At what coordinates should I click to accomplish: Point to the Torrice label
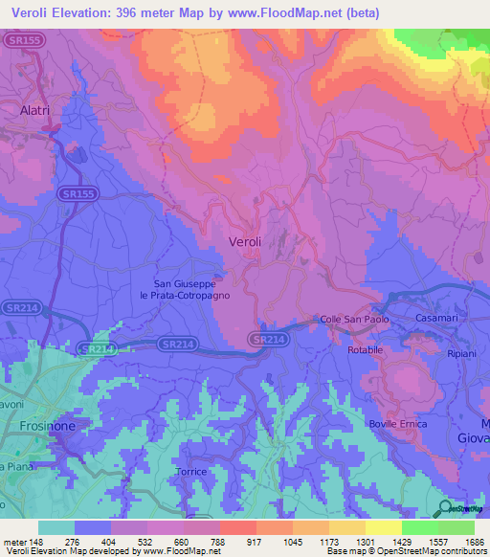pos(191,473)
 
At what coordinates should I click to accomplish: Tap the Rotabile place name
pos(364,350)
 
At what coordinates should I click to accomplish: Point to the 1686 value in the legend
pos(475,542)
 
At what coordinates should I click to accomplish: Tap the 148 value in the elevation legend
pos(36,542)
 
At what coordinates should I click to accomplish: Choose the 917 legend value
pos(256,542)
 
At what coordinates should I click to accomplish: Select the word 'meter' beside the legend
pos(13,542)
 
